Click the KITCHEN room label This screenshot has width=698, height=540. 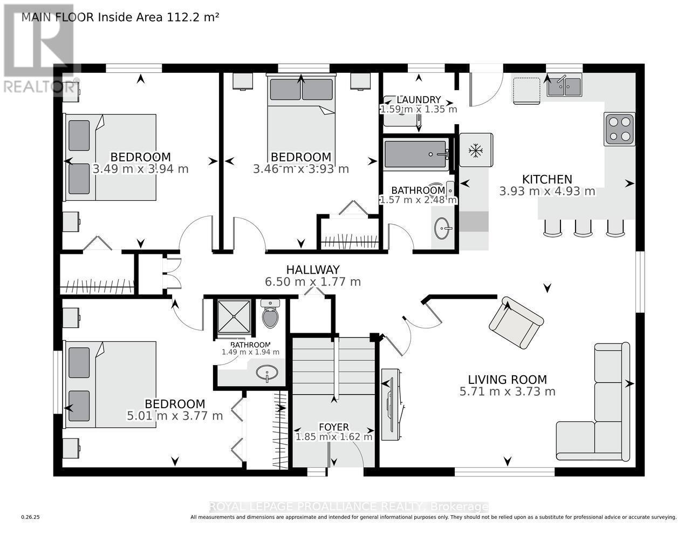point(547,179)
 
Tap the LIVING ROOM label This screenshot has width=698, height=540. point(507,380)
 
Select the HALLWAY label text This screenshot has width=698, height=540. point(312,269)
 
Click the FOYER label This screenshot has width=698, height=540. point(333,427)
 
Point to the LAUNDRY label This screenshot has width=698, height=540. point(419,100)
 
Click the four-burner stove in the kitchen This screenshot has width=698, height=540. point(619,129)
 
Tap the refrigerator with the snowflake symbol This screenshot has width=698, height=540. point(475,150)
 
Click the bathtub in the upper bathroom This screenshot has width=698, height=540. point(416,155)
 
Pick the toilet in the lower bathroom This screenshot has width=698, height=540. point(270,315)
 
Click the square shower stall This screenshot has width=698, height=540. point(234,316)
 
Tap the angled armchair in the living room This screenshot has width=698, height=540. point(515,322)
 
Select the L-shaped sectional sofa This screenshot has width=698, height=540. point(599,410)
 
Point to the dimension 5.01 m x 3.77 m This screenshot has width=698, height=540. point(175,416)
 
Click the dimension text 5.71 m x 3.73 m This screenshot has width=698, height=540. point(507,391)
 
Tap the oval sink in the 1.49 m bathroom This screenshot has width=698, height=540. point(267,373)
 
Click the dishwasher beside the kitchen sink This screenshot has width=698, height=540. point(526,90)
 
